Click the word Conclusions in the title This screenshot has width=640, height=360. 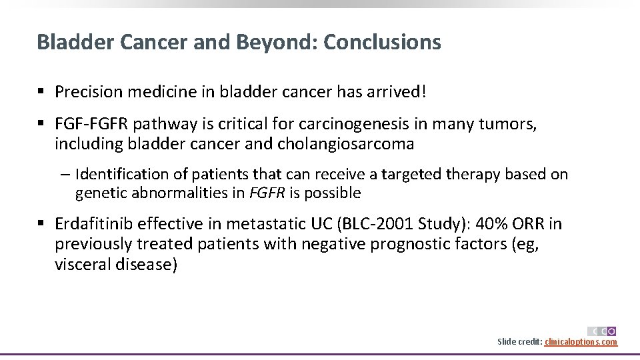point(382,42)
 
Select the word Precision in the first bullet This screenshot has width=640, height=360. point(87,91)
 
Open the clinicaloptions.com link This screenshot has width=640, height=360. point(581,342)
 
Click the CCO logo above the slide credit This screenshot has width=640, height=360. point(601,331)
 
